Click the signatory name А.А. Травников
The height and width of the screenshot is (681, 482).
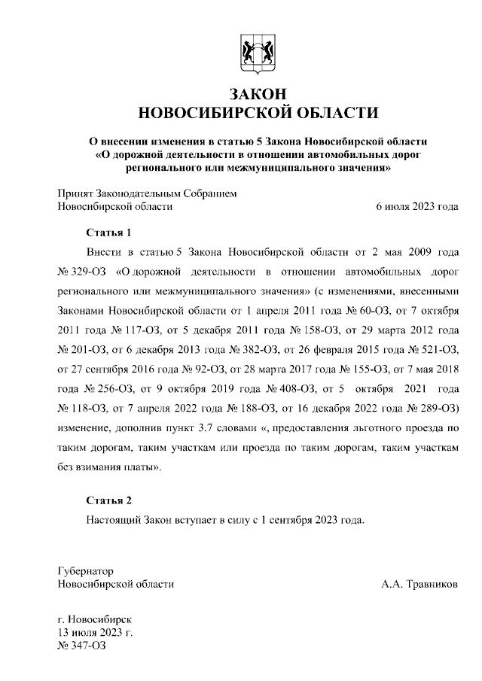pyautogui.click(x=419, y=583)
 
